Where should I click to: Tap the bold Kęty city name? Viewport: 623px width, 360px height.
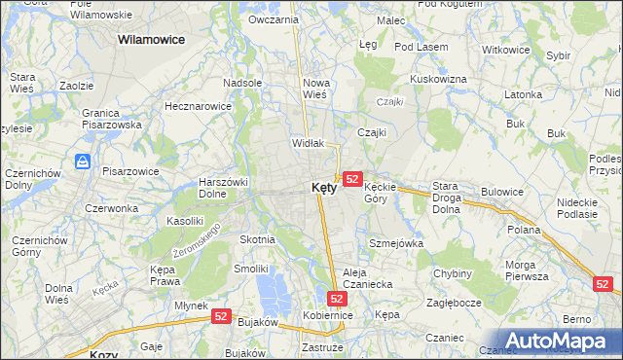pos(324,188)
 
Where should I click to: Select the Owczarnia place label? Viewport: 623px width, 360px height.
pos(273,19)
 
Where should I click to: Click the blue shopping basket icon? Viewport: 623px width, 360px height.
pos(83,162)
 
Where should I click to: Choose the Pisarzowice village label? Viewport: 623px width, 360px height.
pos(130,171)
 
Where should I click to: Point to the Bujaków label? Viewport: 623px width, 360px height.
pos(258,322)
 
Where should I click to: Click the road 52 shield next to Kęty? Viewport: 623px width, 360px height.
pos(352,179)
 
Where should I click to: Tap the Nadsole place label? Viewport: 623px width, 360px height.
pos(242,83)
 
